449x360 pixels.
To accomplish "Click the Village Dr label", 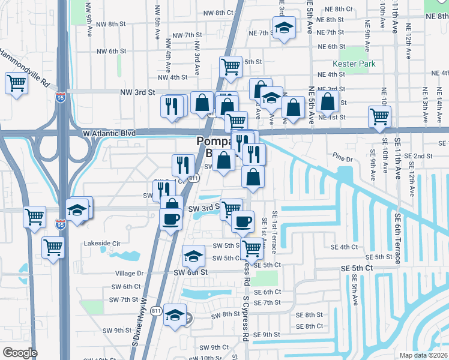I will pyautogui.click(x=127, y=273).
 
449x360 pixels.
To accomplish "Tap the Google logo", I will pyautogui.click(x=19, y=352).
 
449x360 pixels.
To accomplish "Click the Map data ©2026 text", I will pyautogui.click(x=423, y=355).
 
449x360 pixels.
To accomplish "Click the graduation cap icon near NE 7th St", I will pyautogui.click(x=283, y=27).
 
